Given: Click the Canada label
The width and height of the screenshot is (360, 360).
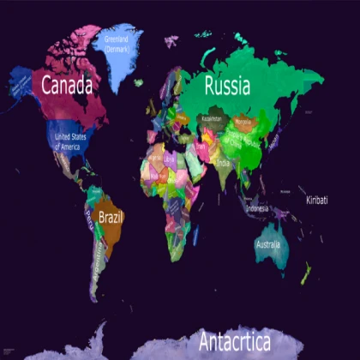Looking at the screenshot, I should (x=68, y=85).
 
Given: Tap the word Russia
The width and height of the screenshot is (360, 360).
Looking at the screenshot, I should (x=227, y=86).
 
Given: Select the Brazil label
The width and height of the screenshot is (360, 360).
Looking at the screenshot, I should (x=111, y=218).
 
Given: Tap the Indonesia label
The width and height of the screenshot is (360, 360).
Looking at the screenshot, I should (x=257, y=208).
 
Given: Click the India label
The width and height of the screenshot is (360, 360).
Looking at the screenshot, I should (x=223, y=163).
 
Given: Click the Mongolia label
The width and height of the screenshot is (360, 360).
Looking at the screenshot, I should (x=244, y=122).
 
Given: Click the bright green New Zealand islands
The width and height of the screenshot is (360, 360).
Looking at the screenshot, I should (x=304, y=274).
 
